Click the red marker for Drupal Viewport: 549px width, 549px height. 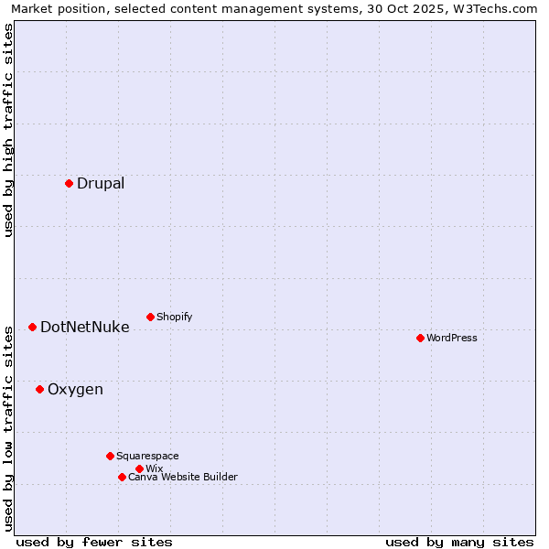[69, 183]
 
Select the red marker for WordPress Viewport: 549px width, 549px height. [420, 338]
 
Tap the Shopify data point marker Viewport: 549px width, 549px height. [150, 317]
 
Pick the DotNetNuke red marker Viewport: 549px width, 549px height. [32, 327]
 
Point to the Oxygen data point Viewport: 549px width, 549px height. [39, 389]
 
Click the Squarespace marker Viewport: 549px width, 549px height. [110, 456]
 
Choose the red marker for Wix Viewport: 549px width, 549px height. [139, 468]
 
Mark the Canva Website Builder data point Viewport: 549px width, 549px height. [122, 477]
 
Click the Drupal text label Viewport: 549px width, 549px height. [101, 183]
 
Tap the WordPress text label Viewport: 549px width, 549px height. [452, 338]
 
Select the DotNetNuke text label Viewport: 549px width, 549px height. [85, 327]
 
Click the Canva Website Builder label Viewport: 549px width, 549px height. [183, 477]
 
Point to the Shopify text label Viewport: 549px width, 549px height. [175, 317]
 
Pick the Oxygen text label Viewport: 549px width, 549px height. [75, 389]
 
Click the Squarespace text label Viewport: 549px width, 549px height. [148, 456]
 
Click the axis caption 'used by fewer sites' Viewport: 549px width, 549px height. [94, 542]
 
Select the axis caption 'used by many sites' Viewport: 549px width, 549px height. [459, 542]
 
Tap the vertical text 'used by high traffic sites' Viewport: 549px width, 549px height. [8, 130]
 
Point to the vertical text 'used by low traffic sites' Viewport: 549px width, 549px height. [8, 428]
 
